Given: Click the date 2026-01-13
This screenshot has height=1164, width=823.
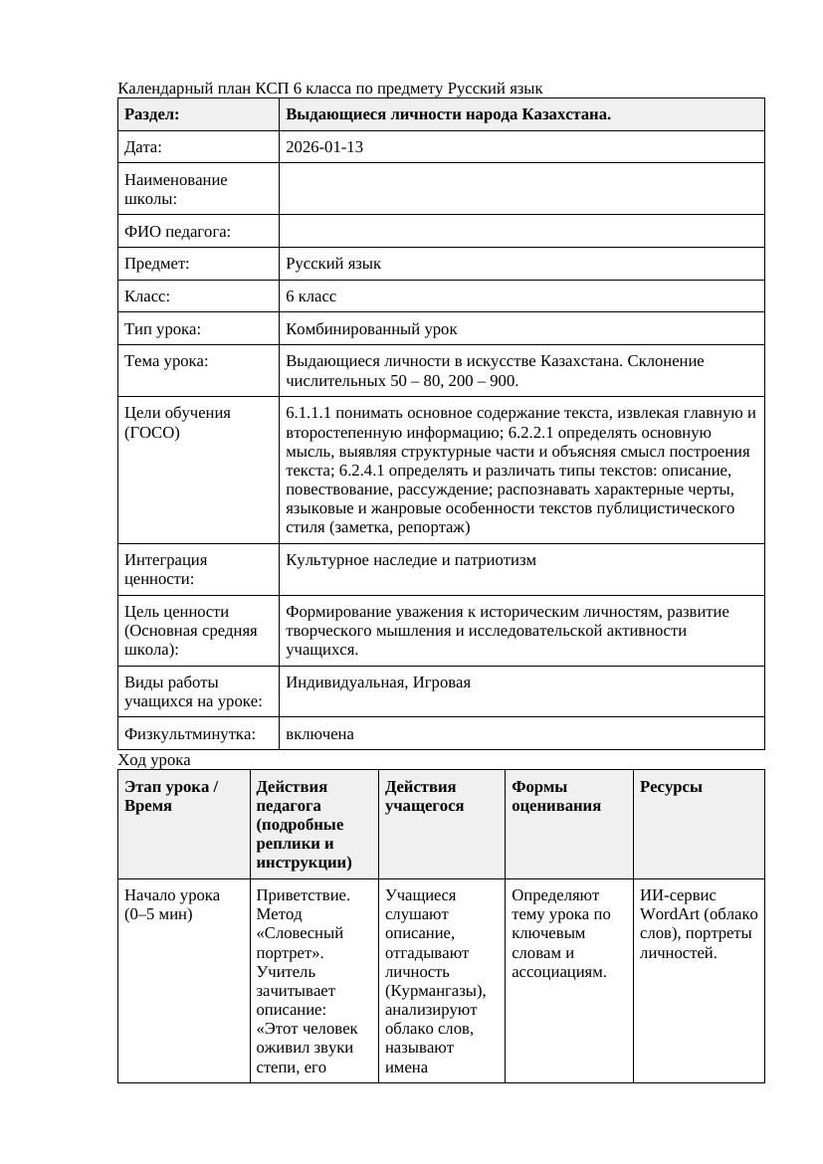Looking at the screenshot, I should pos(324,147).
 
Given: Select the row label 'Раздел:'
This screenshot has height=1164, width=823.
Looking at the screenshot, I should pos(152,114).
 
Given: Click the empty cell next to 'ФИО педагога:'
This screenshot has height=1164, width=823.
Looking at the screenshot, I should pos(521,231).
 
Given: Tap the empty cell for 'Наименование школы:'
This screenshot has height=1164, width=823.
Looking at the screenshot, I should pos(521,189).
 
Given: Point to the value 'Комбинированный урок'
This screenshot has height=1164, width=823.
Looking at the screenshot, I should pos(371,328).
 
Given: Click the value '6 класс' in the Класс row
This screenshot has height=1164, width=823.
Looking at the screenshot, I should pos(310,296).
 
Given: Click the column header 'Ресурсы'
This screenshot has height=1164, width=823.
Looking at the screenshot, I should pos(671,787).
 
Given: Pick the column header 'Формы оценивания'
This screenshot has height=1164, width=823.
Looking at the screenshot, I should pos(555,796).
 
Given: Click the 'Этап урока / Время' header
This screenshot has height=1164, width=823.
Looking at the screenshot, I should pos(171,796).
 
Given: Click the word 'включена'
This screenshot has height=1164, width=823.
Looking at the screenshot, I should pos(319,734).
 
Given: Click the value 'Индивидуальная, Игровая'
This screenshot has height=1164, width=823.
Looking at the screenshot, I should pos(378,682).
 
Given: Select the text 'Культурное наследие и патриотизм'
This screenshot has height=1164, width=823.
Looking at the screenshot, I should pos(411,560).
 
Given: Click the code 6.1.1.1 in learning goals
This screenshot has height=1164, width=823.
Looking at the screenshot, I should pos(309,413).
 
